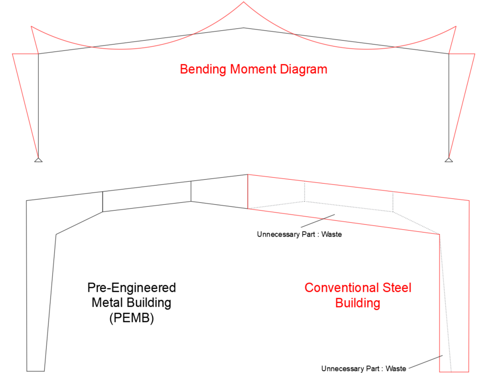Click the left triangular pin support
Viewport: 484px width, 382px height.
coord(38,159)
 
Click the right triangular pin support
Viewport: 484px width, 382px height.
coord(449,159)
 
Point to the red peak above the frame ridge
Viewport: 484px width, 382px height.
coord(243,3)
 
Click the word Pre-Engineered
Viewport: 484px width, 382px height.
coord(131,287)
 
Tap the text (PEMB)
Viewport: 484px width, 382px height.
coord(131,319)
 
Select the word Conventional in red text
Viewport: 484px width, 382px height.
coord(340,287)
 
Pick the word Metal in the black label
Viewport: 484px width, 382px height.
coord(106,303)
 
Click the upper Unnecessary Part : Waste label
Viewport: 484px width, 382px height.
coord(299,234)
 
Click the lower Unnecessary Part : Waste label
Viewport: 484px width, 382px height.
coord(363,368)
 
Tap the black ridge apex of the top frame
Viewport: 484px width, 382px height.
coord(243,28)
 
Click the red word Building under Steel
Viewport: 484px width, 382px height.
coord(357,303)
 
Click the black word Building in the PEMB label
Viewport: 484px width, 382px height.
coord(147,303)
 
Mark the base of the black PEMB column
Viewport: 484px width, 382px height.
coord(35,370)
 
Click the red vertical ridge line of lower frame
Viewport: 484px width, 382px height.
coord(248,191)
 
